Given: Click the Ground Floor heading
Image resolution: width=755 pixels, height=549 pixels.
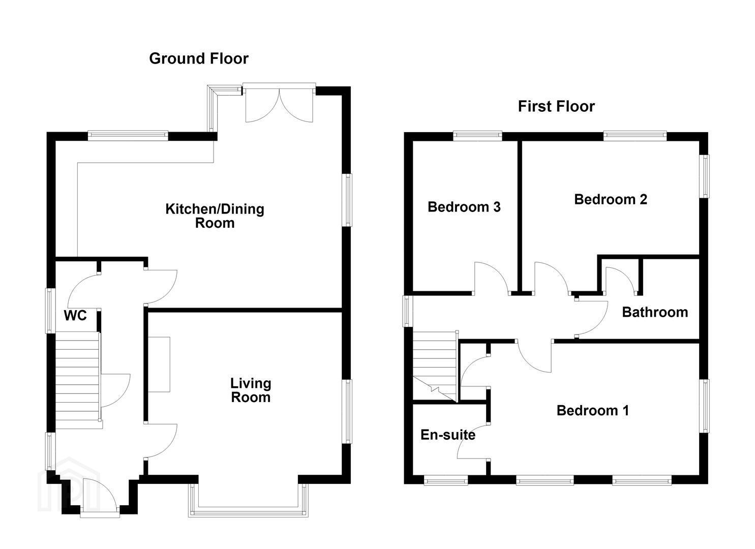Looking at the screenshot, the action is [198, 58].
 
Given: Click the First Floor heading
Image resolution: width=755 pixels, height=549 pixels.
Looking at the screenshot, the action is [556, 107].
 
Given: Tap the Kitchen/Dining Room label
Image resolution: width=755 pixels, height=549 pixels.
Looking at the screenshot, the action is [215, 216].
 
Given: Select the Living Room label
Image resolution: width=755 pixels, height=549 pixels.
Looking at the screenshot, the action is [251, 390].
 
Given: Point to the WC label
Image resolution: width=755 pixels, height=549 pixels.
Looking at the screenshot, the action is [75, 316].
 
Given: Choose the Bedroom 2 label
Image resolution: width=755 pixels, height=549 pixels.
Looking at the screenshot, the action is [611, 199].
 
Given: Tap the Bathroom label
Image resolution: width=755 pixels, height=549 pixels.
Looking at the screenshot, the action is [655, 312].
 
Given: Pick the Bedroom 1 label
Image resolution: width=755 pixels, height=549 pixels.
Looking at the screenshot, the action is [592, 411].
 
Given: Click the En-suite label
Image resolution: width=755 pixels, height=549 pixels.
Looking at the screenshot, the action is [448, 435].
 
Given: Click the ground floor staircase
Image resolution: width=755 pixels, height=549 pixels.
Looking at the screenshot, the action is [77, 381].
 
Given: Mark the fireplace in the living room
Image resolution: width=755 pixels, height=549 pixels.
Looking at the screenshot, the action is [159, 364].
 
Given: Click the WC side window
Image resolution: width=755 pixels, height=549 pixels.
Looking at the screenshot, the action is [50, 311].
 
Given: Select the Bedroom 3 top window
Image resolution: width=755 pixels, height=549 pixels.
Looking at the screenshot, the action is [477, 136].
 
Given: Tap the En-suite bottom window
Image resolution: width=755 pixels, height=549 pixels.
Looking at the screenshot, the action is [445, 480].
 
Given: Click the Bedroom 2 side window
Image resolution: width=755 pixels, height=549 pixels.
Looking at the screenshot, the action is [704, 176].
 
